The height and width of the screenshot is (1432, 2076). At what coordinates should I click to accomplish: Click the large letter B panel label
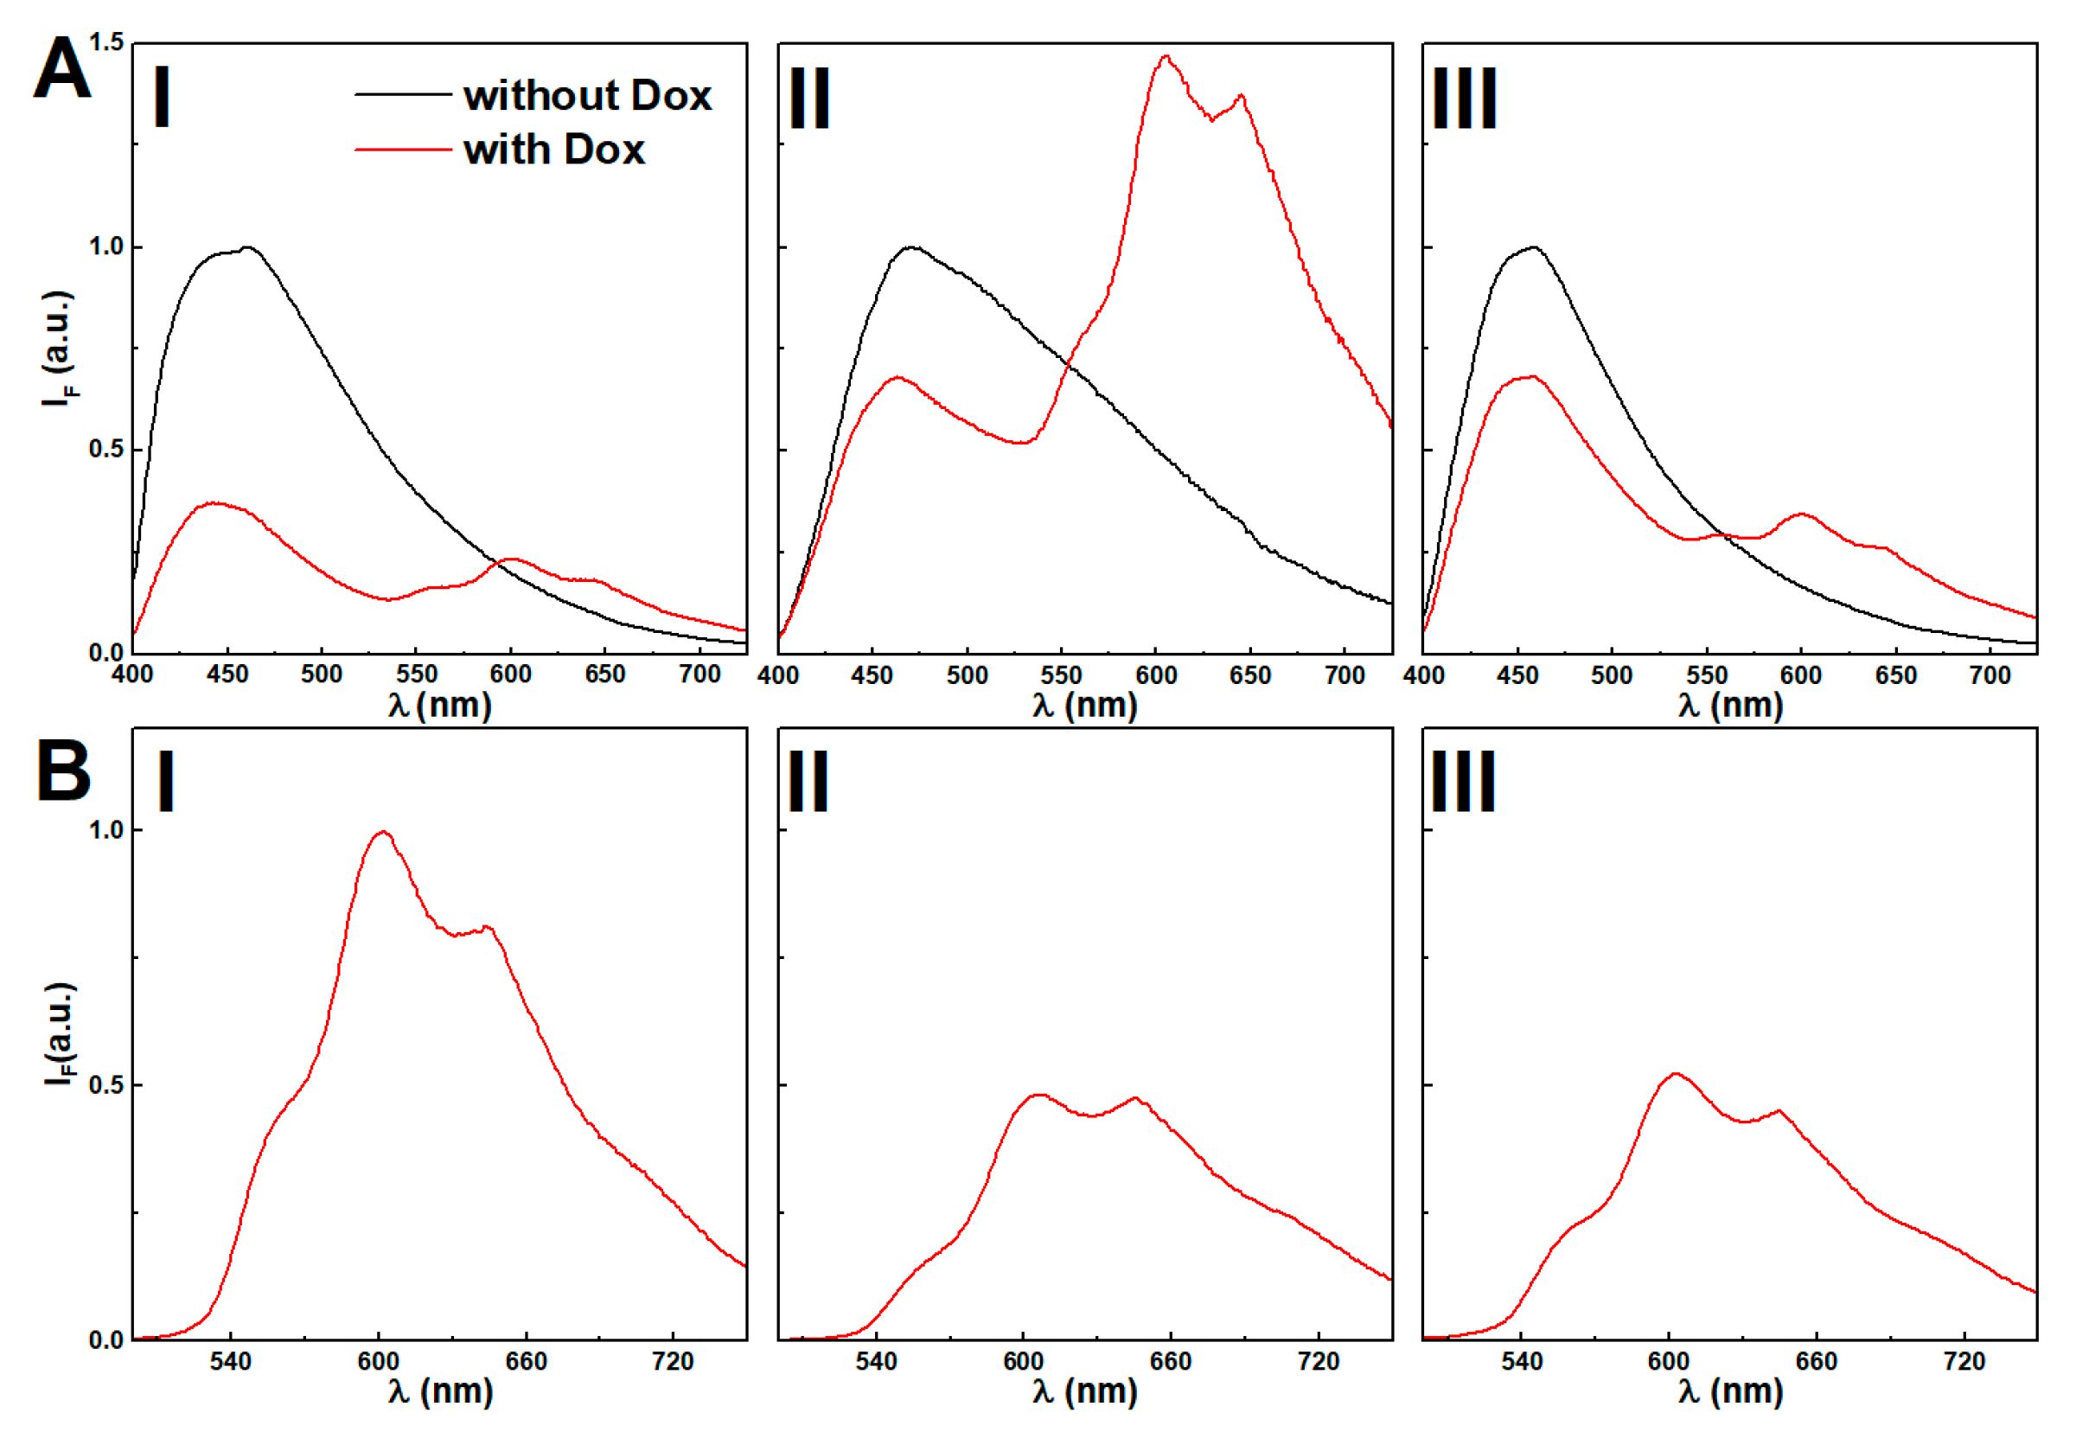click(x=64, y=770)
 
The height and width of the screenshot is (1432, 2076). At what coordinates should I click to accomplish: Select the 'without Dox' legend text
click(x=587, y=95)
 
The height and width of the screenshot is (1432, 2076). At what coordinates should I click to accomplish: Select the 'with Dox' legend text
click(x=553, y=149)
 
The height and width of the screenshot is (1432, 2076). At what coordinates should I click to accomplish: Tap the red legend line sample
click(x=403, y=149)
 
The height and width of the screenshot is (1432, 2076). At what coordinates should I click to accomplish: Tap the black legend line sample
click(x=403, y=94)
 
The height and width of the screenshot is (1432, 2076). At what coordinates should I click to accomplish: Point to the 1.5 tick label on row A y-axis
click(x=106, y=42)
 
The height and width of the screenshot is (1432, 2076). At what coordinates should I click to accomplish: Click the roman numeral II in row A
click(x=809, y=98)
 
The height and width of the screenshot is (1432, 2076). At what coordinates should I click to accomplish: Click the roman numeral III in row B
click(x=1463, y=782)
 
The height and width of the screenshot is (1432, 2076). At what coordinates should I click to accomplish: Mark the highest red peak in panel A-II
click(x=1166, y=56)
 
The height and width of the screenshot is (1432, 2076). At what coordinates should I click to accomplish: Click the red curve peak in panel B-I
click(x=383, y=832)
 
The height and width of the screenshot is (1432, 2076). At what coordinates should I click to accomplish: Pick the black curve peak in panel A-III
click(x=1534, y=246)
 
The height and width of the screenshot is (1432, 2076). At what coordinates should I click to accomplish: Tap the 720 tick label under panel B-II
click(x=1318, y=1362)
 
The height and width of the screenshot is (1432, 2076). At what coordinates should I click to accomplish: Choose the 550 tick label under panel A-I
click(x=416, y=674)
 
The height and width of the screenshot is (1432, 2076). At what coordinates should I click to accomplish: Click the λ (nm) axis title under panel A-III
click(x=1729, y=706)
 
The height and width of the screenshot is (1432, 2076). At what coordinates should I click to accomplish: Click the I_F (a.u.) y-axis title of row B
click(x=59, y=1033)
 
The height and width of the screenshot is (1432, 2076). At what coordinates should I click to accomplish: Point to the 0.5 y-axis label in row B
click(x=105, y=1084)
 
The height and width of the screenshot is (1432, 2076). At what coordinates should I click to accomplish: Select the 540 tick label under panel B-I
click(x=231, y=1362)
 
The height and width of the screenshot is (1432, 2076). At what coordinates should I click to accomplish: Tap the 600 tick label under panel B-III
click(x=1669, y=1362)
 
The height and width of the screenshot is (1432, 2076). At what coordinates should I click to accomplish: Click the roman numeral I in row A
click(x=163, y=98)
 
